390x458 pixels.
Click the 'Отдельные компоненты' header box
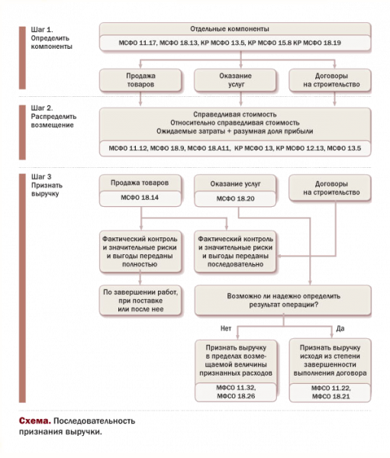coord(235,29)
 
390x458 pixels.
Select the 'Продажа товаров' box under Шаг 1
coord(140,80)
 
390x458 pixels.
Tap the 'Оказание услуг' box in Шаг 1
coord(235,80)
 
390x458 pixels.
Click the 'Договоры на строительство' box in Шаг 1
coord(330,80)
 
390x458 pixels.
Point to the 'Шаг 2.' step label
coord(42,108)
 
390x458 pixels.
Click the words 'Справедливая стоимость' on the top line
coord(235,114)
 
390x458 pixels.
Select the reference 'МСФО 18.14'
coord(140,198)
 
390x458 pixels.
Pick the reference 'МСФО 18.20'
coord(235,198)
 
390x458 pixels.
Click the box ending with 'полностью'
coord(140,252)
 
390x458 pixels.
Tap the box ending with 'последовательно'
coord(235,252)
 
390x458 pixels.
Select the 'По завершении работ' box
coord(140,301)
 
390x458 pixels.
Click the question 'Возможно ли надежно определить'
coord(283,296)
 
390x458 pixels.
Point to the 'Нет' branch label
coord(226,328)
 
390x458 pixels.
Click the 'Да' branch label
coord(340,328)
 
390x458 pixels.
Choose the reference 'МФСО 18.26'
coord(236,396)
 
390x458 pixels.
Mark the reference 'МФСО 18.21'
coord(330,397)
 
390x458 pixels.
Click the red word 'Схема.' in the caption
coord(35,421)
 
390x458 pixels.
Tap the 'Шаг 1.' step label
coord(42,30)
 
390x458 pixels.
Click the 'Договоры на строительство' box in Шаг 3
coord(330,188)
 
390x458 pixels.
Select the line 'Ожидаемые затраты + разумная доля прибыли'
coord(235,131)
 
